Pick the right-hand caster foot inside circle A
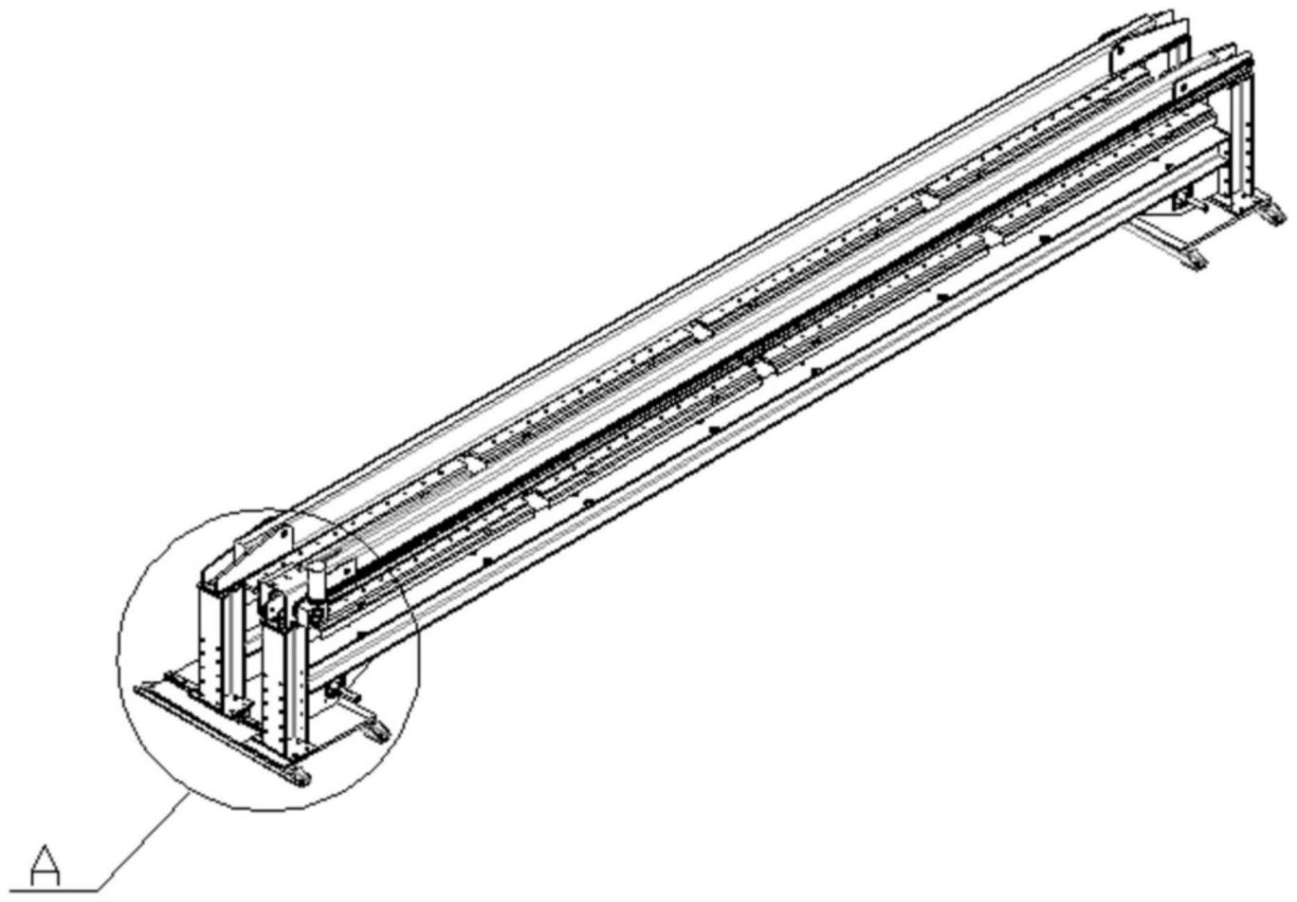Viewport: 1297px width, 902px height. pyautogui.click(x=376, y=731)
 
